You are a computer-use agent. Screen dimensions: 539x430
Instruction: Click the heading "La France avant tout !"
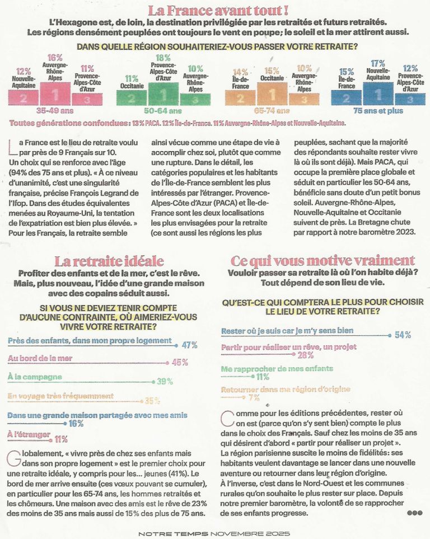218,10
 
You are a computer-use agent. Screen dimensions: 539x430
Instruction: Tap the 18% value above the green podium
162,58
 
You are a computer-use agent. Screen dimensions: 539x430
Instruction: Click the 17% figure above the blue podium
378,63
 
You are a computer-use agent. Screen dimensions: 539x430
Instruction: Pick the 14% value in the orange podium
240,72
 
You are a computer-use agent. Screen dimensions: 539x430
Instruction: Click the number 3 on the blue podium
410,100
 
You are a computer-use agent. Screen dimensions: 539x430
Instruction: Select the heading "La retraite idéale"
109,261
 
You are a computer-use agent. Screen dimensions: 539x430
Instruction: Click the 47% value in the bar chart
190,344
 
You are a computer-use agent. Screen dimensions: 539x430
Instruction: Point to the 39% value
165,382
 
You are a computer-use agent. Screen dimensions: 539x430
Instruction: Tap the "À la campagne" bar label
35,377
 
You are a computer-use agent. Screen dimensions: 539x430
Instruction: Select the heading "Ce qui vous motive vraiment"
322,261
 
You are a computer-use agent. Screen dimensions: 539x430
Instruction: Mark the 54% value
403,335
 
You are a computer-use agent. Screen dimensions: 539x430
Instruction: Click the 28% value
305,355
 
